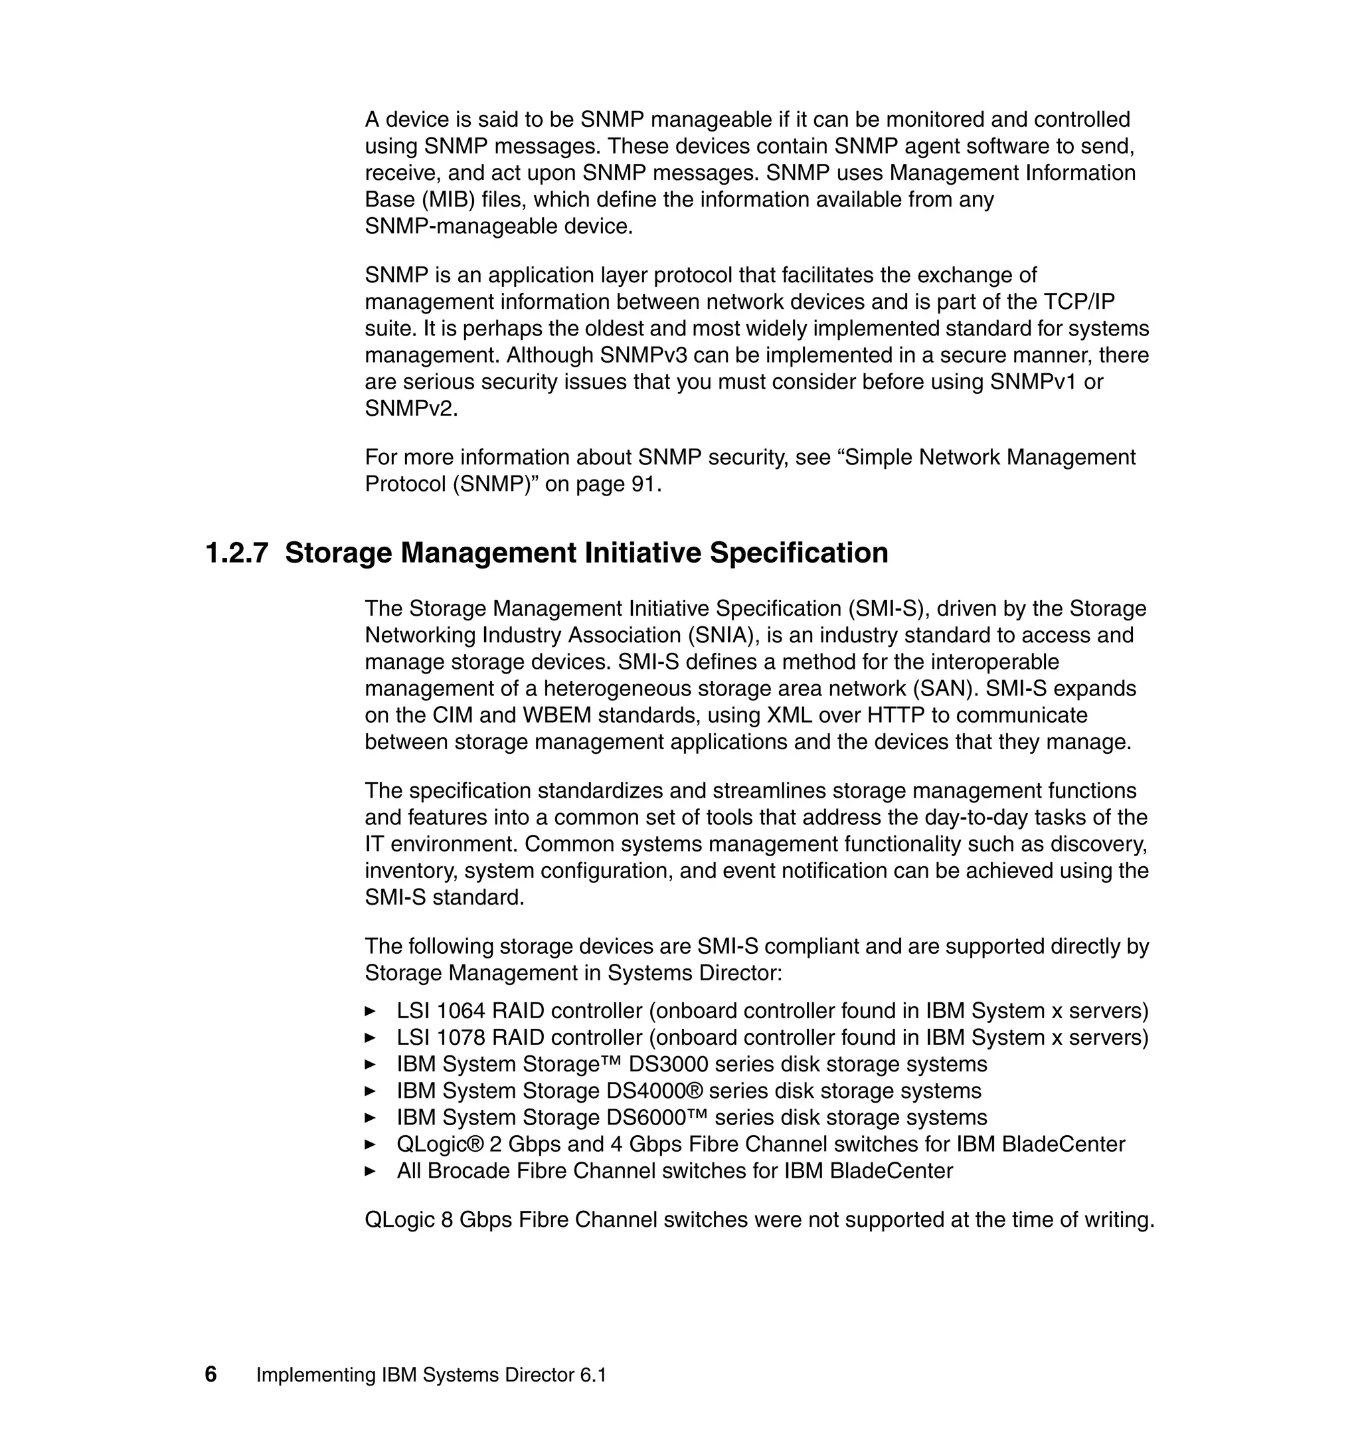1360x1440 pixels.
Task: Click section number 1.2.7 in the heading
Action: click(236, 553)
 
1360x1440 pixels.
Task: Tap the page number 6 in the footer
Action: click(211, 1374)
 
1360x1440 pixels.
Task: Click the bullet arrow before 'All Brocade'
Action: click(370, 1171)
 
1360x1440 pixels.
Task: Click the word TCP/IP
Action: click(1078, 302)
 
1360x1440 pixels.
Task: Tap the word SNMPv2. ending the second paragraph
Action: click(411, 409)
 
